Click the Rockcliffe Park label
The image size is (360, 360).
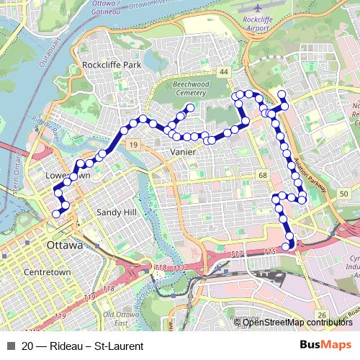[x=112, y=65]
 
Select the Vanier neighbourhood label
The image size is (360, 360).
[x=184, y=153]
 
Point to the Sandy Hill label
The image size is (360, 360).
[x=116, y=213]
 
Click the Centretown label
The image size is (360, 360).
[x=47, y=273]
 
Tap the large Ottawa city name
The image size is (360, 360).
[x=65, y=245]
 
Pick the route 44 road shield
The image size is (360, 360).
[x=225, y=72]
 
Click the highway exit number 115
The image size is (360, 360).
[x=270, y=251]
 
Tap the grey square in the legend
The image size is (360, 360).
[x=9, y=346]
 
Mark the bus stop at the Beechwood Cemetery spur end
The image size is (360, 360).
[x=190, y=108]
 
